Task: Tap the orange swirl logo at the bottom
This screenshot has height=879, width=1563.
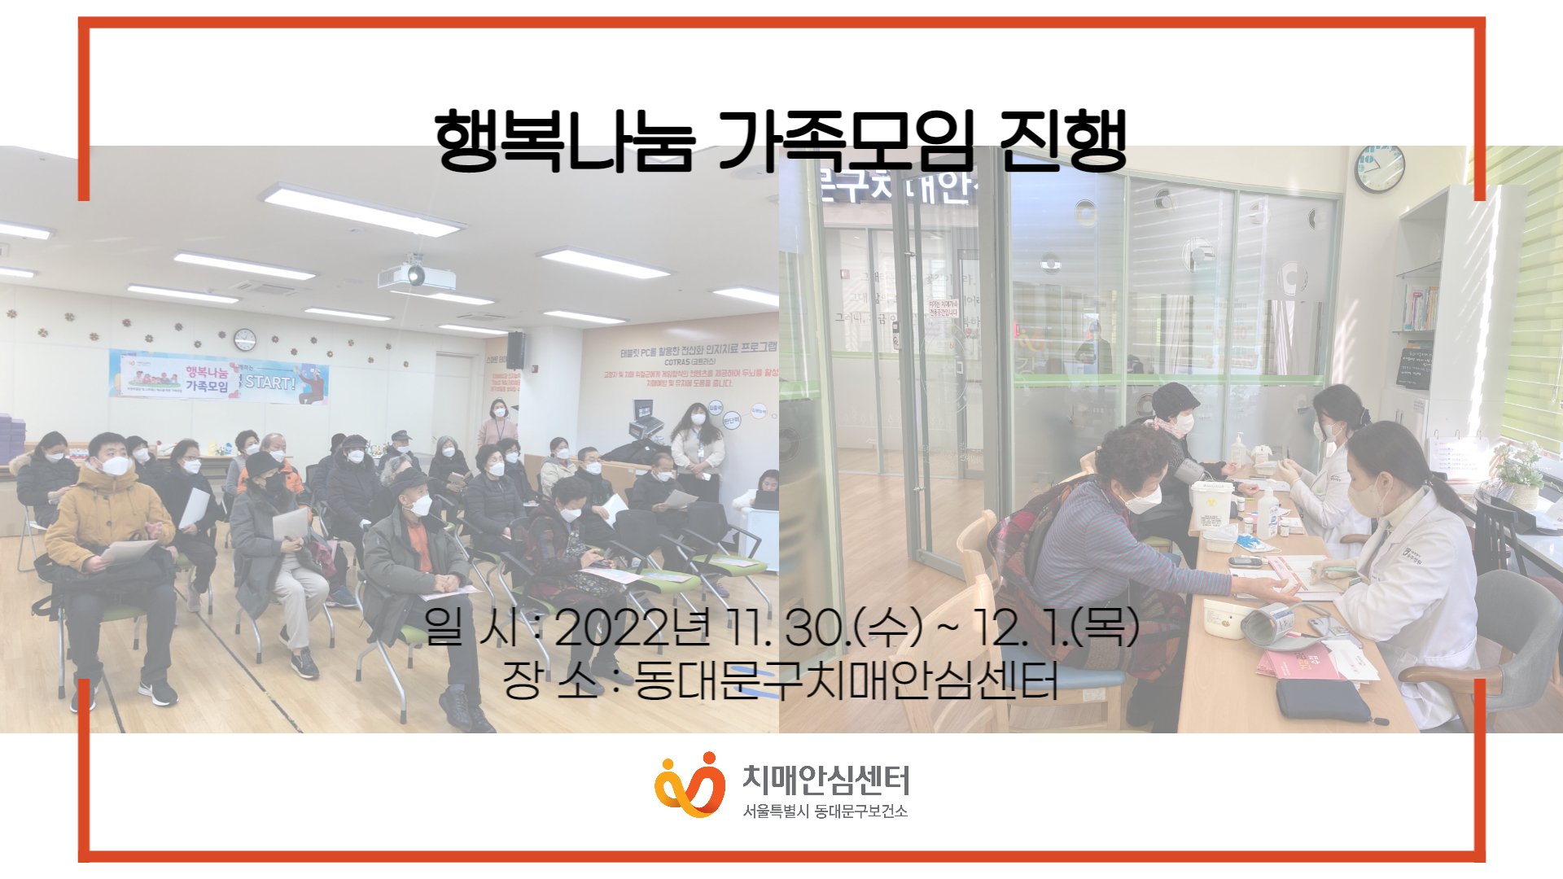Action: pyautogui.click(x=690, y=785)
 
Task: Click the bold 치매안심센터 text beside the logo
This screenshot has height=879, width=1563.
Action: pyautogui.click(x=825, y=780)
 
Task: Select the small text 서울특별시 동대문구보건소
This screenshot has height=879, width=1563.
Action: pyautogui.click(x=825, y=811)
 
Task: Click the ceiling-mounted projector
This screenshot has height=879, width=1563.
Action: pyautogui.click(x=415, y=275)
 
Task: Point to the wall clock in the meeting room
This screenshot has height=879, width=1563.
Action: pyautogui.click(x=245, y=339)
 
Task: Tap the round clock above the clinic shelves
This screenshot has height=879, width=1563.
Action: pyautogui.click(x=1380, y=168)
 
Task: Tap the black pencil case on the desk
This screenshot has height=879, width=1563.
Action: pyautogui.click(x=1323, y=700)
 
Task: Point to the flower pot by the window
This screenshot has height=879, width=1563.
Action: pyautogui.click(x=1519, y=480)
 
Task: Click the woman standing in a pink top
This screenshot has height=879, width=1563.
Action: pyautogui.click(x=498, y=423)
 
